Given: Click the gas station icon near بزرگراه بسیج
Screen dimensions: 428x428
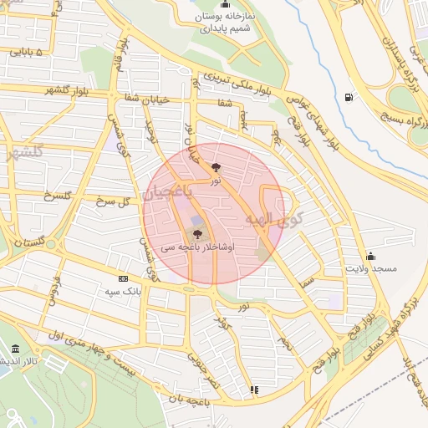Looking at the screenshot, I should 348,97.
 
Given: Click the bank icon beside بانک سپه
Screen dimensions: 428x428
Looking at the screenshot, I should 124,278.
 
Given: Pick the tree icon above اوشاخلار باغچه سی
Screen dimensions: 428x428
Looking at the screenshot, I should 197,235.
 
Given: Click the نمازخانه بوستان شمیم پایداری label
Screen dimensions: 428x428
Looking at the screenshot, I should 227,23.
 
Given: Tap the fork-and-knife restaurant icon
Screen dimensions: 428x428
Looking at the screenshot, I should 254,390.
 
